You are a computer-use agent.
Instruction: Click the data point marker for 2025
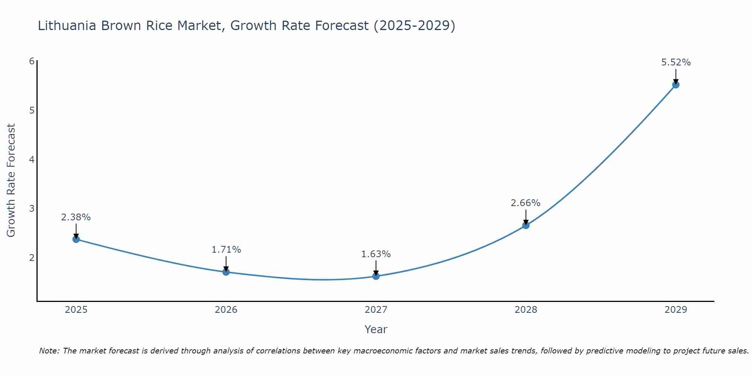[x=76, y=239]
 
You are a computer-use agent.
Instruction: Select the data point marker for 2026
[x=226, y=272]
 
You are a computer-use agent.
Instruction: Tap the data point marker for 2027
[x=376, y=276]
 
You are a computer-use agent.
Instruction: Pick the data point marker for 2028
[x=526, y=225]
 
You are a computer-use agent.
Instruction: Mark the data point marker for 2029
[x=676, y=85]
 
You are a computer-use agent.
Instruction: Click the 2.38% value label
[x=76, y=217]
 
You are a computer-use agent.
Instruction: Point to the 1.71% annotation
[x=226, y=250]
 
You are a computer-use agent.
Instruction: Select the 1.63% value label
[x=376, y=254]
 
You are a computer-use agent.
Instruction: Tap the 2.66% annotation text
[x=526, y=203]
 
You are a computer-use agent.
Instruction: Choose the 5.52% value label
[x=676, y=62]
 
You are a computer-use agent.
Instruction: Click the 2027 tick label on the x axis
[x=376, y=310]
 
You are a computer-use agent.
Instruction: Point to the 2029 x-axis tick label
[x=676, y=310]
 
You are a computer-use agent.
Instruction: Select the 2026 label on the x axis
[x=226, y=310]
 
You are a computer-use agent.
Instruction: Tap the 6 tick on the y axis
[x=32, y=61]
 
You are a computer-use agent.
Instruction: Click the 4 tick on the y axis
[x=32, y=159]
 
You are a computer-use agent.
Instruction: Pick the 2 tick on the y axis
[x=32, y=258]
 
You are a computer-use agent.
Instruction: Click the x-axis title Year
[x=376, y=329]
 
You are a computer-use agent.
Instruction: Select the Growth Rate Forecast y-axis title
[x=11, y=180]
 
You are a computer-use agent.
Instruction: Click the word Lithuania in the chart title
[x=67, y=26]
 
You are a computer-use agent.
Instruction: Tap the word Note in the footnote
[x=49, y=351]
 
